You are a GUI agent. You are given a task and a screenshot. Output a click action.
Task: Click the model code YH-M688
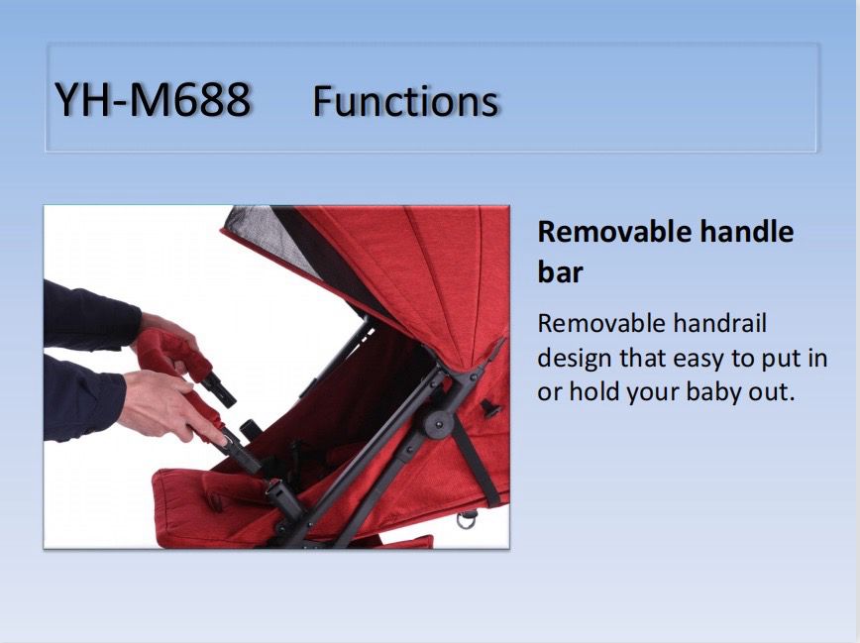(153, 100)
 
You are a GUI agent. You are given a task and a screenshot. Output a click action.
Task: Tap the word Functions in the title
(405, 101)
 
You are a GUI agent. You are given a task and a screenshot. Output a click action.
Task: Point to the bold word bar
(560, 271)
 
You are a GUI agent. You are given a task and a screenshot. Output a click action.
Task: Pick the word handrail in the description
(719, 323)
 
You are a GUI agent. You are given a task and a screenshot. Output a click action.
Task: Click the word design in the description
(575, 360)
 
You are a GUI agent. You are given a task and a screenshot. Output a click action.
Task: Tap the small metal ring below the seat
(467, 519)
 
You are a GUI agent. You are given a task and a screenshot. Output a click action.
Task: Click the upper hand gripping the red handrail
(165, 338)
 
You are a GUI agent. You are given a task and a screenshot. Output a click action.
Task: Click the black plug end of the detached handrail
(218, 389)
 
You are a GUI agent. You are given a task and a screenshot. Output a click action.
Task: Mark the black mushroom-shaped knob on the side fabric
(490, 409)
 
